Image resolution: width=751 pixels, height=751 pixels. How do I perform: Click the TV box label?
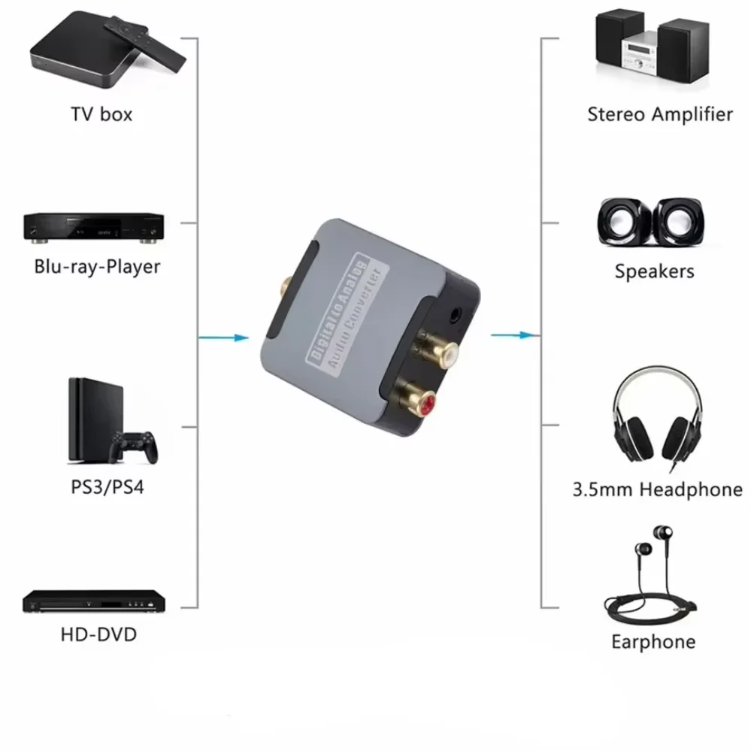coord(101,114)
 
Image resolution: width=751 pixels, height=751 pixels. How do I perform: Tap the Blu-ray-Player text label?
coord(97,266)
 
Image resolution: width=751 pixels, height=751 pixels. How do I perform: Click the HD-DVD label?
coord(98,634)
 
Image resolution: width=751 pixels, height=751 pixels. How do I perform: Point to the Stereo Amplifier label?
coord(659,114)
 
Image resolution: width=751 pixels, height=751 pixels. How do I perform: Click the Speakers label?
coord(654,271)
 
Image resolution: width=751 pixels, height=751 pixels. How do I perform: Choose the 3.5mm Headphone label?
coord(657,490)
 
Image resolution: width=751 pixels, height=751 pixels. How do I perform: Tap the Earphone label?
coord(653,642)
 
